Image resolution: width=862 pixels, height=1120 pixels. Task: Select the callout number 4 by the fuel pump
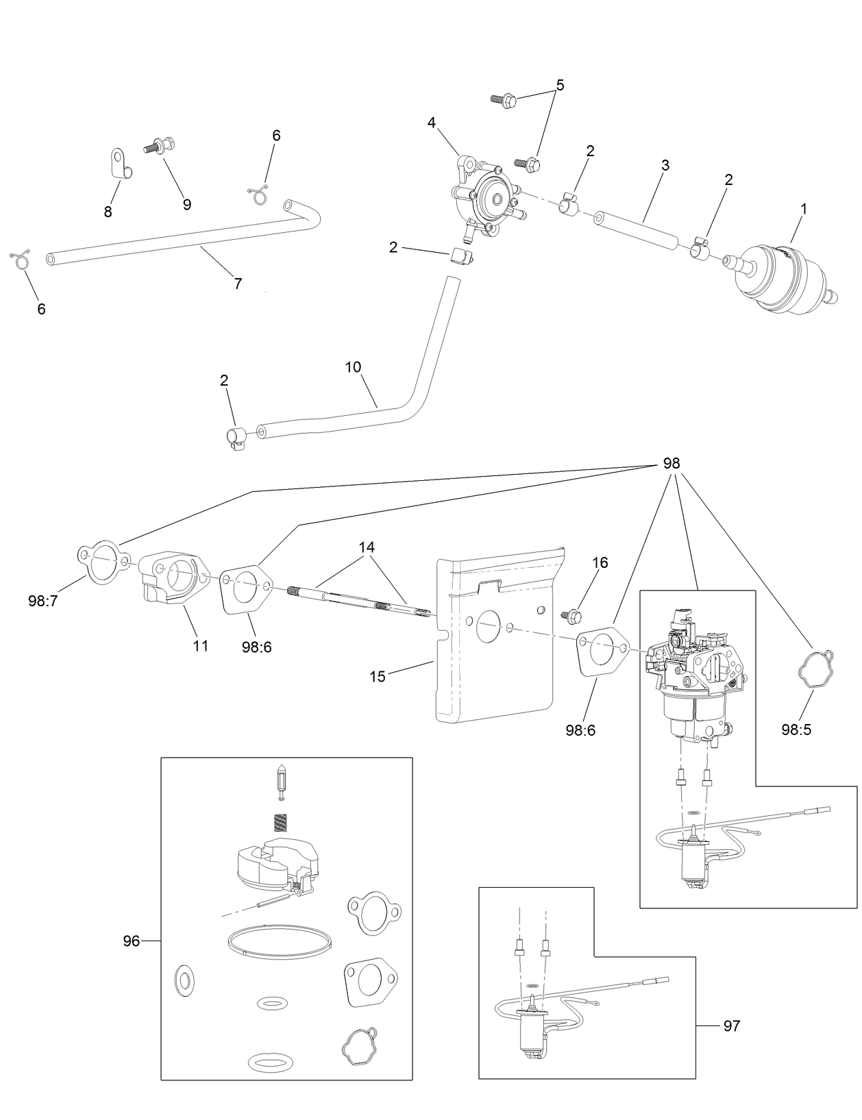point(431,123)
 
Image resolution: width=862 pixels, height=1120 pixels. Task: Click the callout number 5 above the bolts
point(560,86)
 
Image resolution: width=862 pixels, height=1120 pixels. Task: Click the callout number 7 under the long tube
point(238,284)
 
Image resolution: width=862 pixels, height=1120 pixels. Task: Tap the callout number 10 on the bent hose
point(353,366)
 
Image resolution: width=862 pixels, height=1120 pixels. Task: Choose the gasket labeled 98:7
point(103,562)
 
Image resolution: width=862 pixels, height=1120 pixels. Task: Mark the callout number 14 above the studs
point(367,547)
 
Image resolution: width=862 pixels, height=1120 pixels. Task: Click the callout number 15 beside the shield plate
point(378,676)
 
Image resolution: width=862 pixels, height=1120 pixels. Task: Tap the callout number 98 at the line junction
point(671,464)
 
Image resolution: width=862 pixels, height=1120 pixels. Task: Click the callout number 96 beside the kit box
point(131,941)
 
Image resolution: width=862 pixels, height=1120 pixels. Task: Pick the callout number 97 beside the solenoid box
point(732,1025)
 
